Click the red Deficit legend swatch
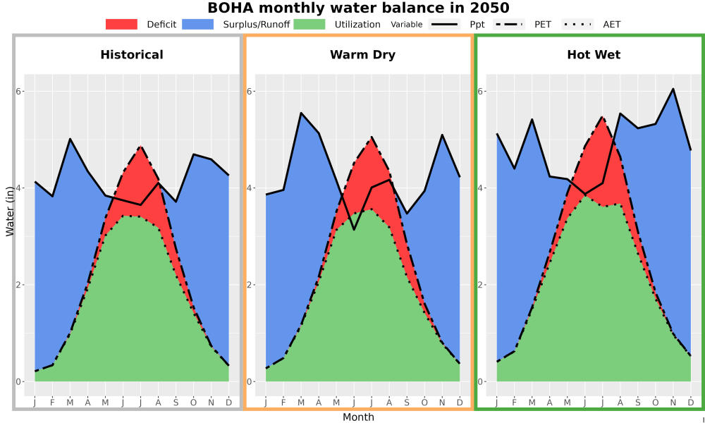click(x=121, y=24)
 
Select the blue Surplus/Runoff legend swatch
click(x=198, y=24)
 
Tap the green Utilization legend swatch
click(x=309, y=24)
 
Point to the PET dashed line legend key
click(x=509, y=24)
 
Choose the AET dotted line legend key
click(x=578, y=24)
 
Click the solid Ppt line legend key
click(x=444, y=24)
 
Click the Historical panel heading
click(x=132, y=55)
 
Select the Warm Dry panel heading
click(x=363, y=55)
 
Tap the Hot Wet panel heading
click(x=594, y=55)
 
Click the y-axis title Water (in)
click(x=10, y=211)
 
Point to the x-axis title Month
click(x=358, y=417)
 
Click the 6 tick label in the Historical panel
click(x=19, y=91)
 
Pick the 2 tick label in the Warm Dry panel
click(x=250, y=285)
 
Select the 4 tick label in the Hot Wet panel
click(x=481, y=188)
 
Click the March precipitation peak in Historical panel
click(x=70, y=139)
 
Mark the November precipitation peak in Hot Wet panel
click(x=673, y=89)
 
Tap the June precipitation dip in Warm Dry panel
click(x=354, y=230)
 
